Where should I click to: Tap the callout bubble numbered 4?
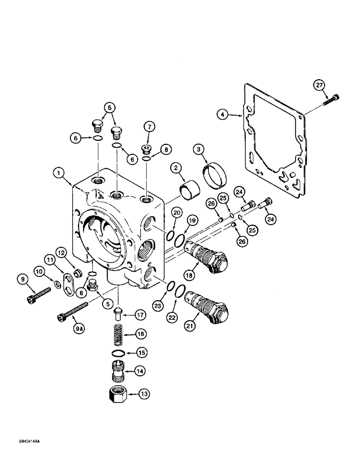click(223, 113)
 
